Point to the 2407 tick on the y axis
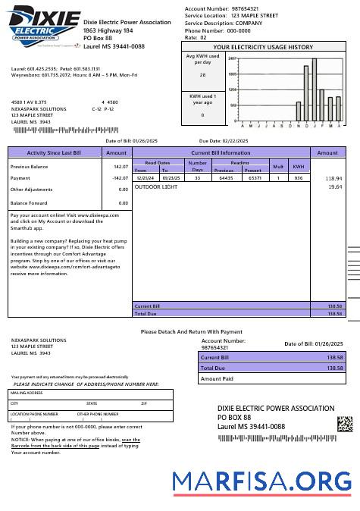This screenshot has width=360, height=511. pos(232,58)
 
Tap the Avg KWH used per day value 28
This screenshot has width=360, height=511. pos(202,75)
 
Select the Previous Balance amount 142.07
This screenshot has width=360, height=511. pos(121,166)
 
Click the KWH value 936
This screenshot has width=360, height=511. pos(299,177)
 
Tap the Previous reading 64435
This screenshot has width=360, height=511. pos(226,177)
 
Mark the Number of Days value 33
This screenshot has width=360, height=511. pos(197,177)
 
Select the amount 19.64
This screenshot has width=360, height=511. pos(334,186)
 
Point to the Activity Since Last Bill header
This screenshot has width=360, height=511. pos(54,152)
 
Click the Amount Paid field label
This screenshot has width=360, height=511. pos(217,378)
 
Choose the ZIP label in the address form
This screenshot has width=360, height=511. pos(144,403)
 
